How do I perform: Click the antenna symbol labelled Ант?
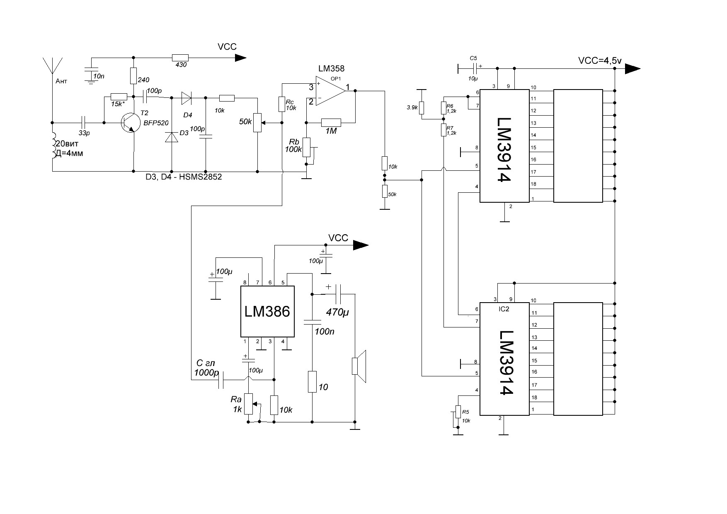pos(52,66)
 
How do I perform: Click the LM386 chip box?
pos(267,311)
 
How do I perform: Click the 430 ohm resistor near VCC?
pos(180,58)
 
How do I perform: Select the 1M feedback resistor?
pos(331,122)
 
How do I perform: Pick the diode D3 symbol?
pos(172,137)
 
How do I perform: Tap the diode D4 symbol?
pos(186,98)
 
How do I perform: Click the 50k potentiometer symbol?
pos(257,123)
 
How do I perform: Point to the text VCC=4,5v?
pos(600,61)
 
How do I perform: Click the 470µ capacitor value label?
pos(337,313)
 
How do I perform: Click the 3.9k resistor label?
pos(412,107)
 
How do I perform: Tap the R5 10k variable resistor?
pos(458,412)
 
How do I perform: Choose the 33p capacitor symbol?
pos(84,123)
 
